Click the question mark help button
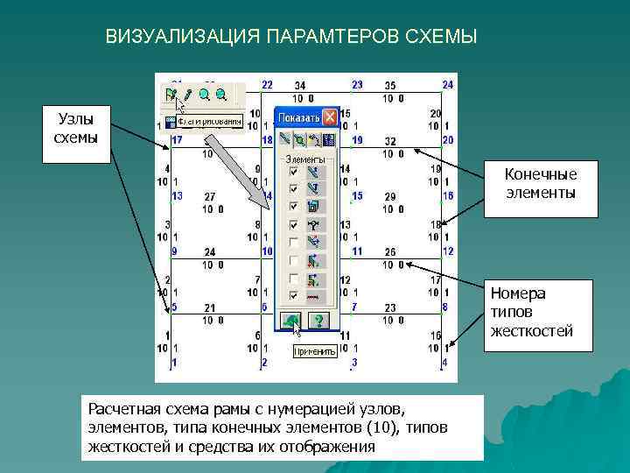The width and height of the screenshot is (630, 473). (319, 321)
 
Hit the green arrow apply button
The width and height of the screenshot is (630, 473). (291, 321)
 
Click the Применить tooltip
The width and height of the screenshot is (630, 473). (315, 351)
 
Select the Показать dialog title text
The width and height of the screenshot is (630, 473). (297, 116)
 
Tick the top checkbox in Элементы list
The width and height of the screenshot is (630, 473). (293, 173)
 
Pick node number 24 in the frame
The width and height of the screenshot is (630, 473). (447, 85)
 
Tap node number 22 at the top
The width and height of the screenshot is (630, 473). (267, 85)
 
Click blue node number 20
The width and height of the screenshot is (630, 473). (448, 140)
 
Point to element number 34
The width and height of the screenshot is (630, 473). (300, 86)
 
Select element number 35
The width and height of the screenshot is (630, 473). (390, 86)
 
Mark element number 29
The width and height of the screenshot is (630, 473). (389, 197)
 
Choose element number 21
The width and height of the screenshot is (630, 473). (209, 308)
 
